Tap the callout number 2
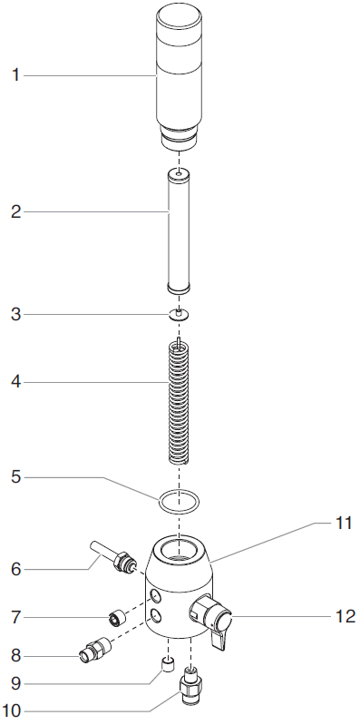coord(15,212)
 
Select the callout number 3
coord(15,314)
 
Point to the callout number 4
coord(15,383)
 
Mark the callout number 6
coord(15,570)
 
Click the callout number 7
coord(15,617)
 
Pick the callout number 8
coord(15,653)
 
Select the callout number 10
coord(15,710)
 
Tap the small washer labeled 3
coord(180,315)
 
